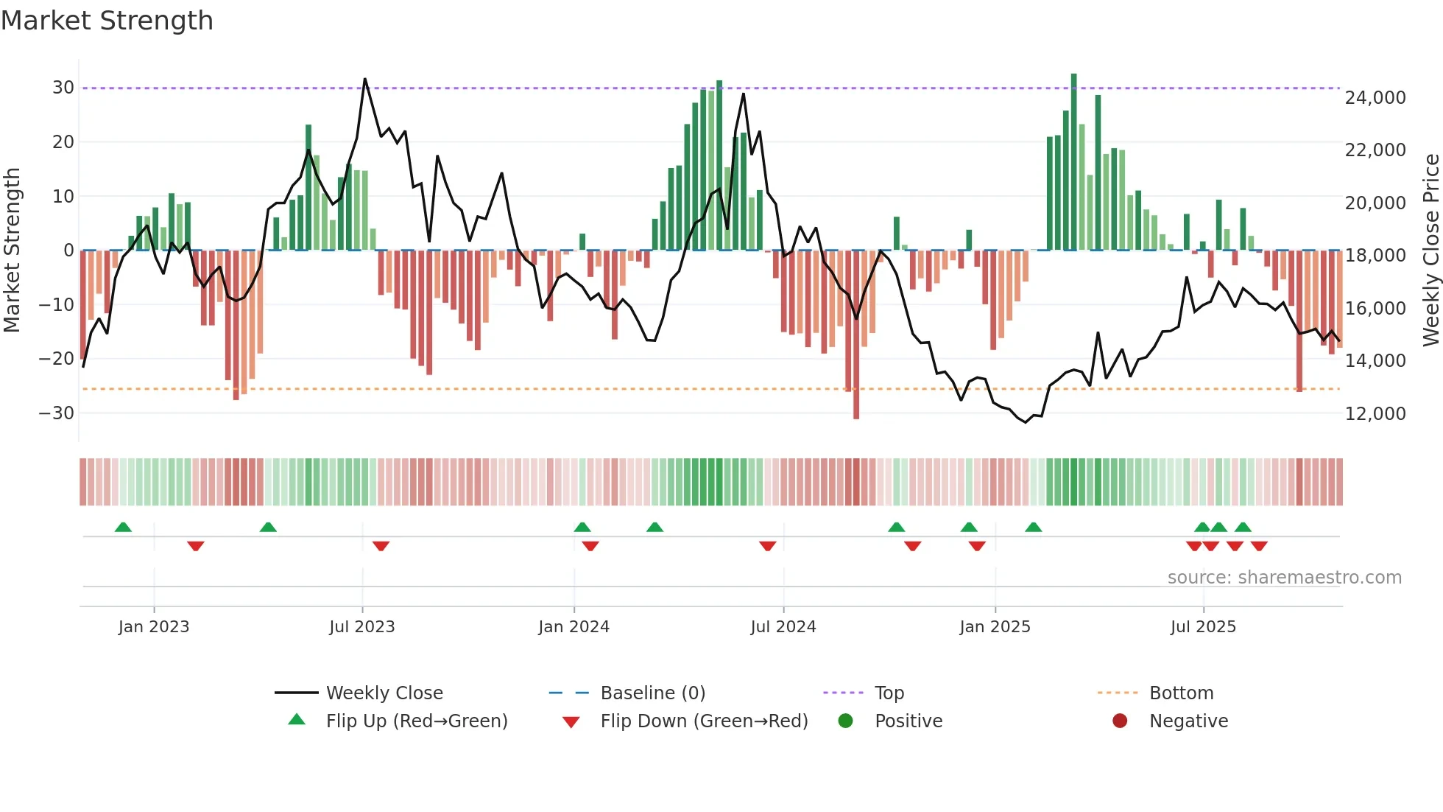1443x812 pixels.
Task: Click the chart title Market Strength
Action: [x=107, y=21]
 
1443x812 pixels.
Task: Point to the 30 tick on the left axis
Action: [x=63, y=88]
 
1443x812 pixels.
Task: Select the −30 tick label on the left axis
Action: [x=57, y=413]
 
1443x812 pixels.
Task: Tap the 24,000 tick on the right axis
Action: [x=1375, y=98]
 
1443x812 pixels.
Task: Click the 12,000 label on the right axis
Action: [x=1375, y=414]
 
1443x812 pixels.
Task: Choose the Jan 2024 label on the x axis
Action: [x=574, y=627]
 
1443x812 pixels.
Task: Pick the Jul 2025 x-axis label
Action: [x=1203, y=627]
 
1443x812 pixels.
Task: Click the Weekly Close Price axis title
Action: [x=1430, y=250]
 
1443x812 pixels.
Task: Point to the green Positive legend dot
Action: [x=845, y=721]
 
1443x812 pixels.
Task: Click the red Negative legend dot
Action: [x=1120, y=721]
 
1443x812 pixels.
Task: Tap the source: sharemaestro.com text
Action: [x=1284, y=578]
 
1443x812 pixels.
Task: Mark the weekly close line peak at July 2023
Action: [x=364, y=79]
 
